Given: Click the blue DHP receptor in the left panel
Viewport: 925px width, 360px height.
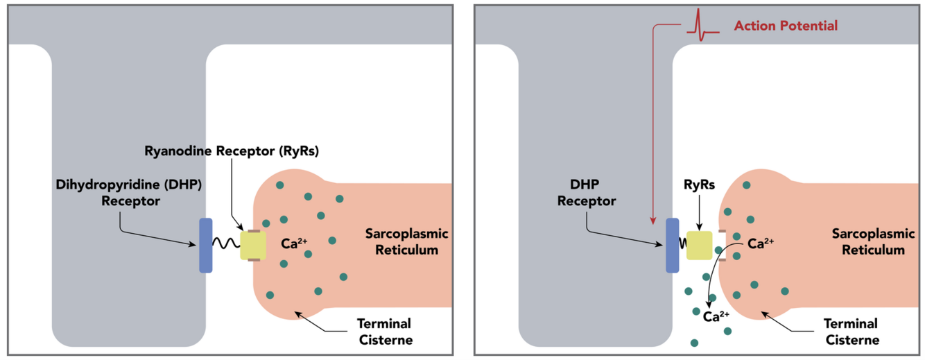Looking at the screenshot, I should (205, 246).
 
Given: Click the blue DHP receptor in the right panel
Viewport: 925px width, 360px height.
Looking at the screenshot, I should (672, 246).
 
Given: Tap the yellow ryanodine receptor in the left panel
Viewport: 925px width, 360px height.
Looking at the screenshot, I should (253, 246).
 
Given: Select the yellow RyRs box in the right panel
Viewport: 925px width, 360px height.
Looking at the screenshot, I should (699, 246).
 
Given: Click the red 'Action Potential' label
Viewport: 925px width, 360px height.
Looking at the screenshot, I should (786, 26).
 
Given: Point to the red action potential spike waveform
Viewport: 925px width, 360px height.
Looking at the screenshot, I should (702, 26).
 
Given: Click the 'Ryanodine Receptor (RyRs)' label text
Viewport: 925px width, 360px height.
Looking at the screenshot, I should (232, 151).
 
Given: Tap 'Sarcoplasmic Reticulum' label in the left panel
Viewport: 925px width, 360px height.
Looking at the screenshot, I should (407, 241).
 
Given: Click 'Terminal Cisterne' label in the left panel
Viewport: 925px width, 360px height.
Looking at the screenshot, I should (384, 332).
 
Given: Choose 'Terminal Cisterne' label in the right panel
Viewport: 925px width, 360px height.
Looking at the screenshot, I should (851, 332).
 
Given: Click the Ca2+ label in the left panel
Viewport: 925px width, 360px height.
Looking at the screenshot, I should (294, 243).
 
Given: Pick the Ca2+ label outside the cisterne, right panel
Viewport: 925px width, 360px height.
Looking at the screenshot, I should (716, 317).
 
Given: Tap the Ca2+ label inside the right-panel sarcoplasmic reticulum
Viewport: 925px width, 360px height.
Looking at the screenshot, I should (761, 243).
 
